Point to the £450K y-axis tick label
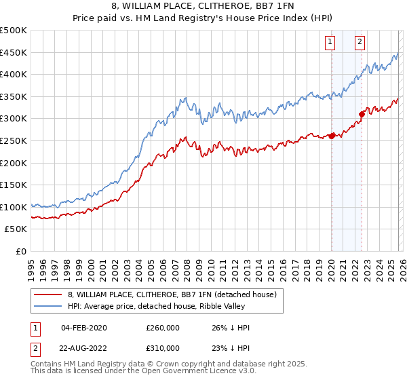point(14,52)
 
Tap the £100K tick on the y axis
point(14,207)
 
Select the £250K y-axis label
point(14,140)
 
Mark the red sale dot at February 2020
point(332,136)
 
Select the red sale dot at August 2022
point(362,114)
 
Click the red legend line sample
point(48,295)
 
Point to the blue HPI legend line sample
point(48,307)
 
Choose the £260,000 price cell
point(163,328)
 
